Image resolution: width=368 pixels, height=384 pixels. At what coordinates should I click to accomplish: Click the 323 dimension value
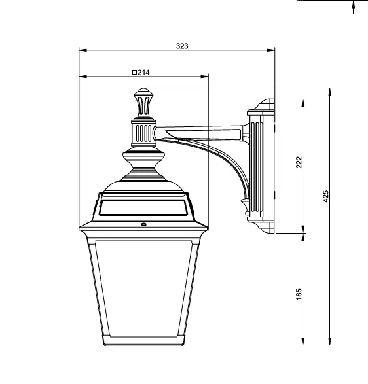(x=182, y=46)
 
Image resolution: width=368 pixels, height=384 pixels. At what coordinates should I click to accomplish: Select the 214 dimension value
(x=143, y=73)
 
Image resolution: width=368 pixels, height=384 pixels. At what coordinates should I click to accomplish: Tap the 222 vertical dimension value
(x=299, y=162)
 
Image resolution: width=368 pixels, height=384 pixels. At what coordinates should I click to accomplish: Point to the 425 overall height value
(x=325, y=196)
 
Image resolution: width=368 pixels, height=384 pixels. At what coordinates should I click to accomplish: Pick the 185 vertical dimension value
(x=299, y=294)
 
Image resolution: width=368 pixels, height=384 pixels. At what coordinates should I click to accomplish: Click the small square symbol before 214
(x=134, y=72)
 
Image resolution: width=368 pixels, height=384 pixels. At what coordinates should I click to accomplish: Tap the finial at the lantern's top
(x=143, y=103)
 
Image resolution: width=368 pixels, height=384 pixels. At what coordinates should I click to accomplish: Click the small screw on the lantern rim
(x=143, y=224)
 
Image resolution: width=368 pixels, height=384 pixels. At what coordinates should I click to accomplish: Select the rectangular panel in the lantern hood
(x=143, y=207)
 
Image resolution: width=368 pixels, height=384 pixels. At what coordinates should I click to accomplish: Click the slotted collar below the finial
(x=143, y=133)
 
